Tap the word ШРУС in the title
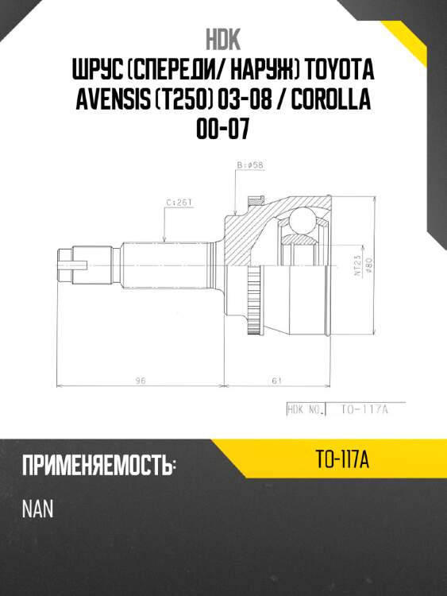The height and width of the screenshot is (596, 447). [x=95, y=72]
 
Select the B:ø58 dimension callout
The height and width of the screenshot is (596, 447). [x=251, y=166]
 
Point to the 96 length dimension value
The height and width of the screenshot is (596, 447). [x=140, y=381]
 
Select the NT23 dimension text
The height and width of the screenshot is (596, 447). [x=358, y=265]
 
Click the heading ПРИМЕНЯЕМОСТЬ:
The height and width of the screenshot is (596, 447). [x=99, y=466]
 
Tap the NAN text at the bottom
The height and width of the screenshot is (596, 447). [x=37, y=509]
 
